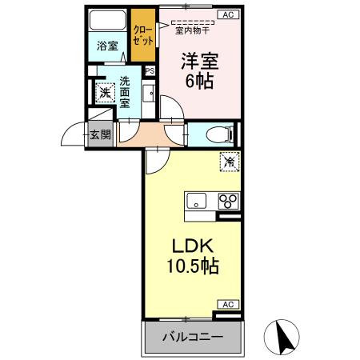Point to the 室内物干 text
pos(193,31)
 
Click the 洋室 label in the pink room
pos(200,60)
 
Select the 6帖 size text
pos(200,82)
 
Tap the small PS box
pos(150,71)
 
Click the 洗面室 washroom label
pos(126,92)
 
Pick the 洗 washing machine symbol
pos(105,93)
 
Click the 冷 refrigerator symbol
pos(230,162)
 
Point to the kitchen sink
pos(197,201)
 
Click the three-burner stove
pos(227,201)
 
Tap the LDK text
pos(192,245)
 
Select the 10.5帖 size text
pos(192,266)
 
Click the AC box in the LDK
pos(228,304)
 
